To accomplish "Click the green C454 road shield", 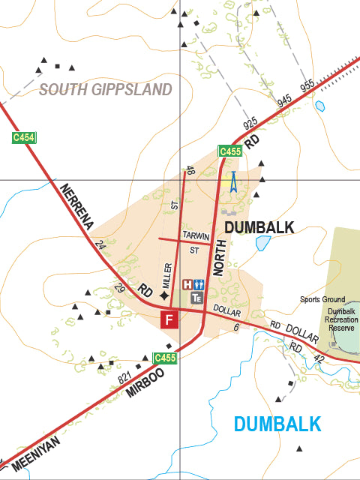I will point(23,138).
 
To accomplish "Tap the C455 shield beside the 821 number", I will point(165,358).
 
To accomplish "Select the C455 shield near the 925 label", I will point(229,151).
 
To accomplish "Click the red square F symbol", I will point(169,320).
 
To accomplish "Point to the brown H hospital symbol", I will point(187,284).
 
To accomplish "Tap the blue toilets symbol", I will point(199,284).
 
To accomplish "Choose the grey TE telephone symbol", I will point(196,298).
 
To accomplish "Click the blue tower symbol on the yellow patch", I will point(232,182).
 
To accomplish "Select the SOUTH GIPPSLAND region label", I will point(106,90).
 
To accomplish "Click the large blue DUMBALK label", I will point(277,424).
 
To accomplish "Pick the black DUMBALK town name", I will point(259,227).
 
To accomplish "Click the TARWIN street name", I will point(196,235).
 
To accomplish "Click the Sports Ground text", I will point(322,300).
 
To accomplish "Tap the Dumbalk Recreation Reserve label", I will point(341,319).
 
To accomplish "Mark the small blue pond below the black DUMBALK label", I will point(262,243).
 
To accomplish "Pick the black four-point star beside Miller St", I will point(164,296).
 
